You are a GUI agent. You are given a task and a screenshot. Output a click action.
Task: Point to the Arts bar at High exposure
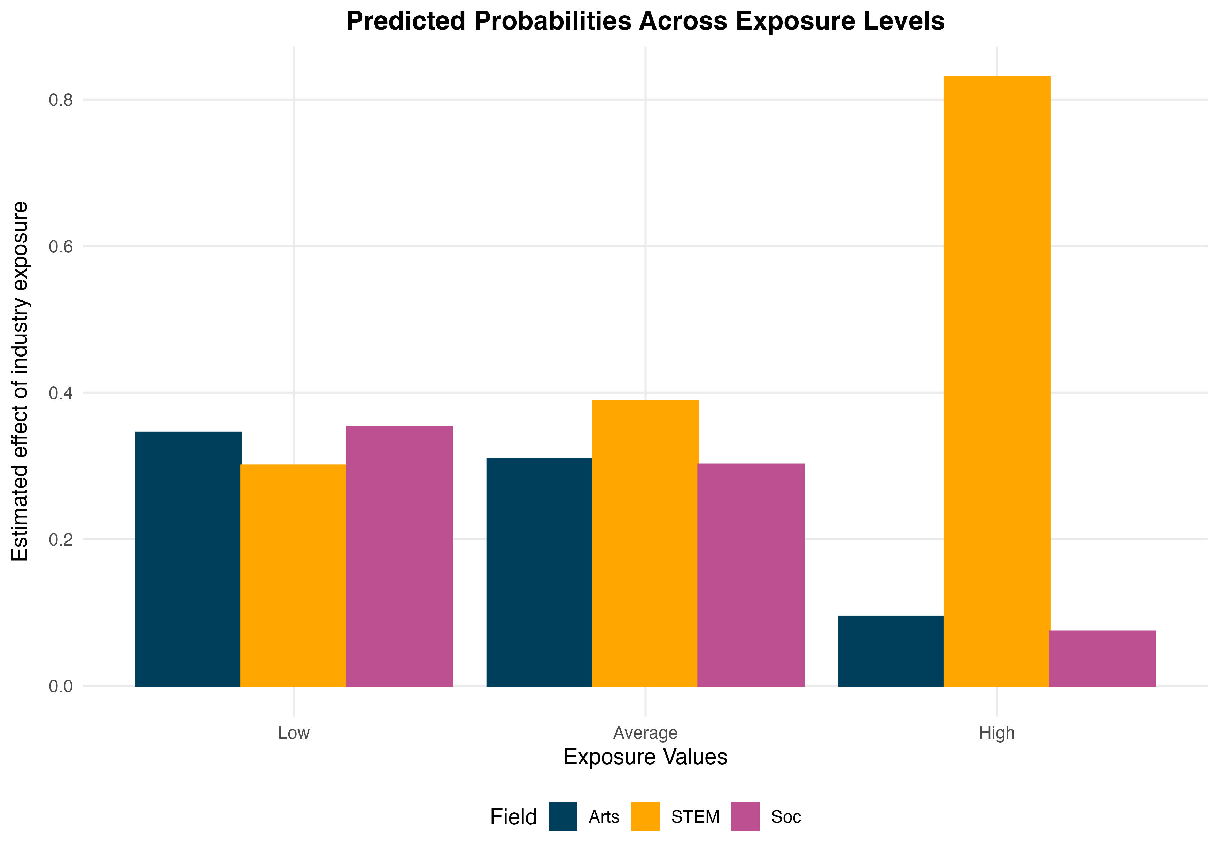(890, 650)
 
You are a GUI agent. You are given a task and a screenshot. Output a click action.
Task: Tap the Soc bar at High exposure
(1102, 658)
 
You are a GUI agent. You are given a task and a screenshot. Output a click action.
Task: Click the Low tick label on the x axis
(294, 733)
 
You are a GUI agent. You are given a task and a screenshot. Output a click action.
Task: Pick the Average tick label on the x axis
(645, 733)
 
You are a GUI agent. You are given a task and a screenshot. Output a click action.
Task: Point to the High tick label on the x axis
(996, 733)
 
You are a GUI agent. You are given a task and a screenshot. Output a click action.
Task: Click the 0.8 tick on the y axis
(61, 100)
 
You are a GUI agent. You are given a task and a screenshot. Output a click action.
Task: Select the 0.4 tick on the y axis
(61, 393)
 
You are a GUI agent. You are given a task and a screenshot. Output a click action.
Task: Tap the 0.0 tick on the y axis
(61, 686)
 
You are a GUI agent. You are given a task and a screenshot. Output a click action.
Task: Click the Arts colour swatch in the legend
(563, 816)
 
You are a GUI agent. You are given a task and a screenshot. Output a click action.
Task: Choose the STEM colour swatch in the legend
(645, 816)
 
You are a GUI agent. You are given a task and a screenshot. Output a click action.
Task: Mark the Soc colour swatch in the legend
(745, 816)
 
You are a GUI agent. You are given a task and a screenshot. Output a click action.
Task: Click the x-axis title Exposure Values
(645, 757)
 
